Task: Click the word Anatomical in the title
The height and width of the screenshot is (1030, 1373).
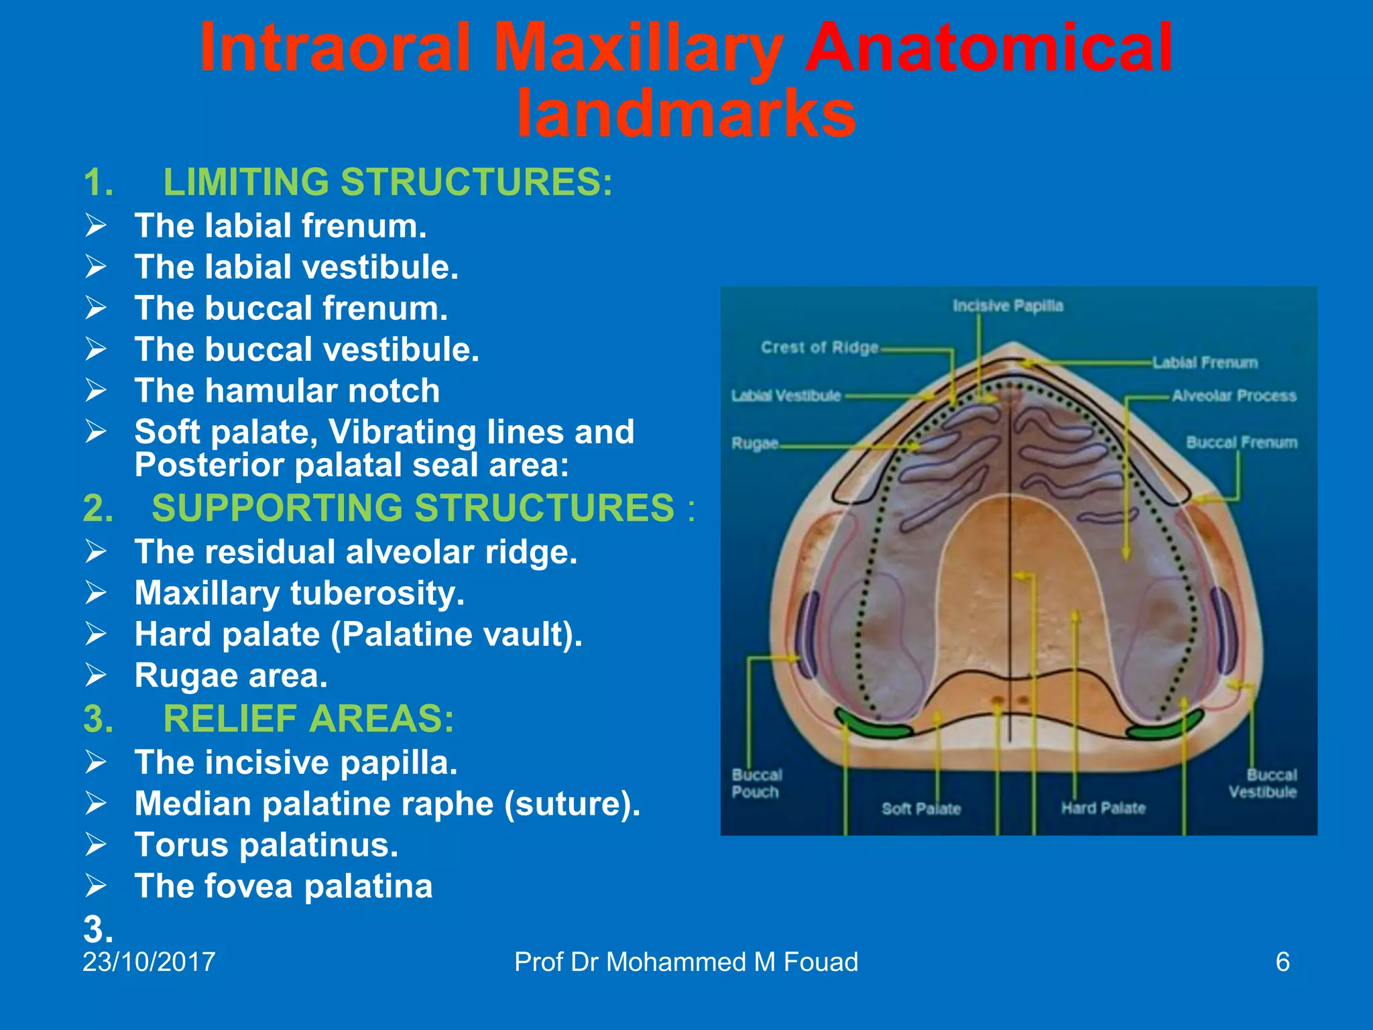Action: click(x=988, y=48)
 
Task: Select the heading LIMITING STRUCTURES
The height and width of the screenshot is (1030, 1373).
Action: click(x=387, y=182)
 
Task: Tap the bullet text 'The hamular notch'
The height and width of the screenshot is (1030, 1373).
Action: click(x=287, y=391)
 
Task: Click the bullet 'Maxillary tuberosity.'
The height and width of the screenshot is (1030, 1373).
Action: click(x=299, y=593)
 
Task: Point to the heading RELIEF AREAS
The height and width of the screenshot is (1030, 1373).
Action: click(x=308, y=719)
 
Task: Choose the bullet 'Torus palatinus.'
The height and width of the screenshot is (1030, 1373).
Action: click(x=266, y=845)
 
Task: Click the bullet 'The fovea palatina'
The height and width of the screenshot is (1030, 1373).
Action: click(x=284, y=886)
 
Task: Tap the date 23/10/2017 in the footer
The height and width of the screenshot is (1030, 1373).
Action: click(x=149, y=962)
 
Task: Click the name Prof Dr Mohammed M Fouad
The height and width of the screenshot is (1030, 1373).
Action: click(x=686, y=962)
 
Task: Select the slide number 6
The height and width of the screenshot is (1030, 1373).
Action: click(x=1282, y=962)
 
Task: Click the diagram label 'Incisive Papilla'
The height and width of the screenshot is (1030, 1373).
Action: click(x=1008, y=306)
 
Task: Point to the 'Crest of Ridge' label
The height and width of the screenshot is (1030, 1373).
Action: click(x=819, y=347)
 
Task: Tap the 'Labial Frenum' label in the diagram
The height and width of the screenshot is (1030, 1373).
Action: click(x=1205, y=363)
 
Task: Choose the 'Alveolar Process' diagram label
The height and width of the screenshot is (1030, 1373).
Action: click(x=1234, y=396)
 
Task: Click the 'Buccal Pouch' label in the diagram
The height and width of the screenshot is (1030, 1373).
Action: click(x=756, y=783)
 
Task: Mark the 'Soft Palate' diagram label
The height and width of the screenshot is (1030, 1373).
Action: click(x=921, y=809)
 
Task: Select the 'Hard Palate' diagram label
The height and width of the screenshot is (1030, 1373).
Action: click(x=1103, y=808)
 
